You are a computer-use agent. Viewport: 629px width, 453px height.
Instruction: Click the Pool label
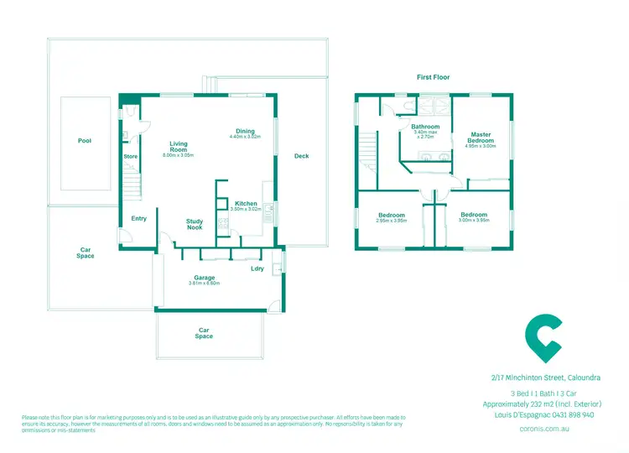[85, 141]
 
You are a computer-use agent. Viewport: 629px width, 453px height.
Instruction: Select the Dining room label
[245, 131]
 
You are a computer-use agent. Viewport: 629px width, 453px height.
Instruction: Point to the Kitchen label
[246, 204]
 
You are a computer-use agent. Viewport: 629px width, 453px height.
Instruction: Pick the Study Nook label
[195, 224]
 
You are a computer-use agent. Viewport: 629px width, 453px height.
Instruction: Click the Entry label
[139, 219]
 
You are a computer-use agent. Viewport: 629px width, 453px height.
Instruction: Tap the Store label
[131, 157]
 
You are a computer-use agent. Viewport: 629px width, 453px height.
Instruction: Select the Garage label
[205, 278]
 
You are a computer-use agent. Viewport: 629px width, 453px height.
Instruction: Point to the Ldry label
[257, 268]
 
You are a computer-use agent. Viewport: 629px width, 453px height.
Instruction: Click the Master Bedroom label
[481, 138]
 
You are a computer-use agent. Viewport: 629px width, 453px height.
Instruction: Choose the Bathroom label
[424, 127]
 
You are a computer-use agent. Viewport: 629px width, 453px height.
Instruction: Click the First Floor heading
[434, 77]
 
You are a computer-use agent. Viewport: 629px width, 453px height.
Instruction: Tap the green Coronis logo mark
[543, 337]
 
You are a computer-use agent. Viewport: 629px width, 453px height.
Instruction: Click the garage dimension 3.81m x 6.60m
[204, 284]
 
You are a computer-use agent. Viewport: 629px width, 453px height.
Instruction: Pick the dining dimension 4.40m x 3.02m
[245, 137]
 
